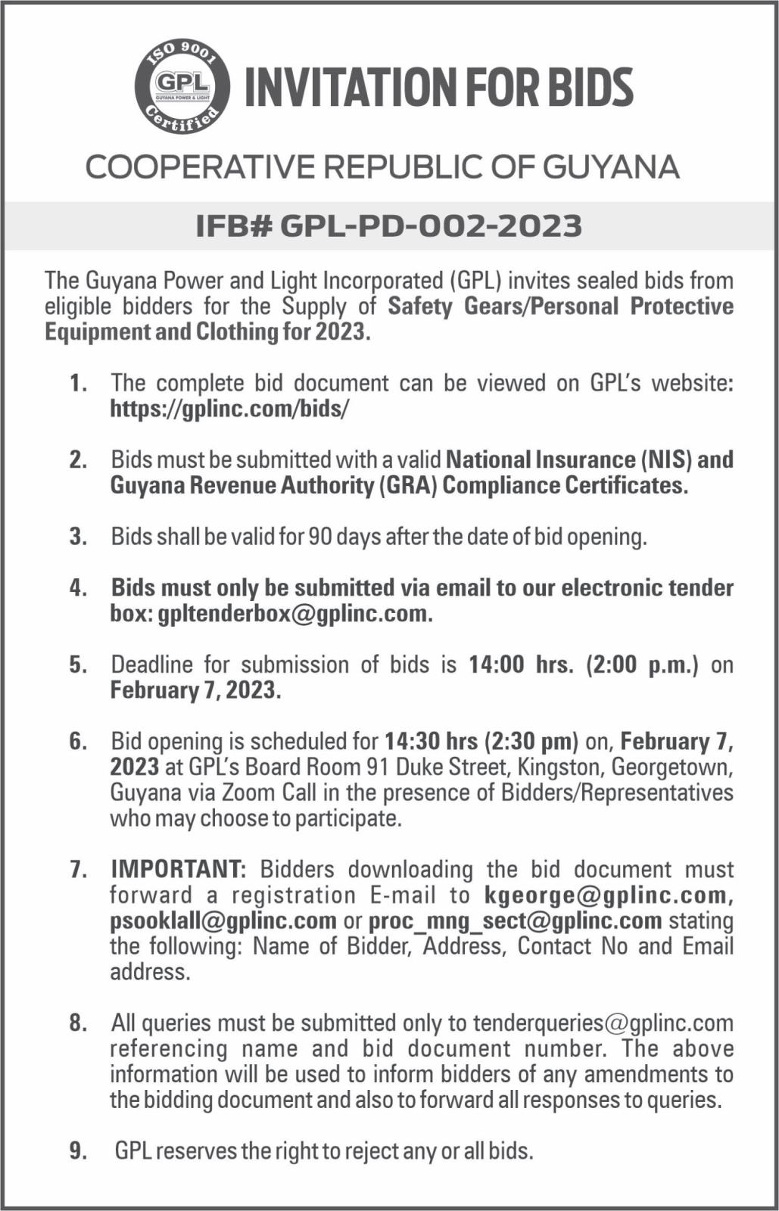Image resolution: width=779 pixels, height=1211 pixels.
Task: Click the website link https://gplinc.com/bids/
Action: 230,409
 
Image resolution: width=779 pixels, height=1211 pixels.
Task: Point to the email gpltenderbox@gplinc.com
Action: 294,613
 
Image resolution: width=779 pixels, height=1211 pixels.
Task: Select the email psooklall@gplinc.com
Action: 223,921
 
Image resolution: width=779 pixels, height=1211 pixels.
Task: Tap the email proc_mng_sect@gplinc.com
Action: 515,921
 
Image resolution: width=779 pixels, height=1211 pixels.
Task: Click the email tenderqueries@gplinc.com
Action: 603,1023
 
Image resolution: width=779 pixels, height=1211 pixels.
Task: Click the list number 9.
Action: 78,1151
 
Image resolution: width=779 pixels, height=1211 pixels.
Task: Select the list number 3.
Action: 78,537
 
